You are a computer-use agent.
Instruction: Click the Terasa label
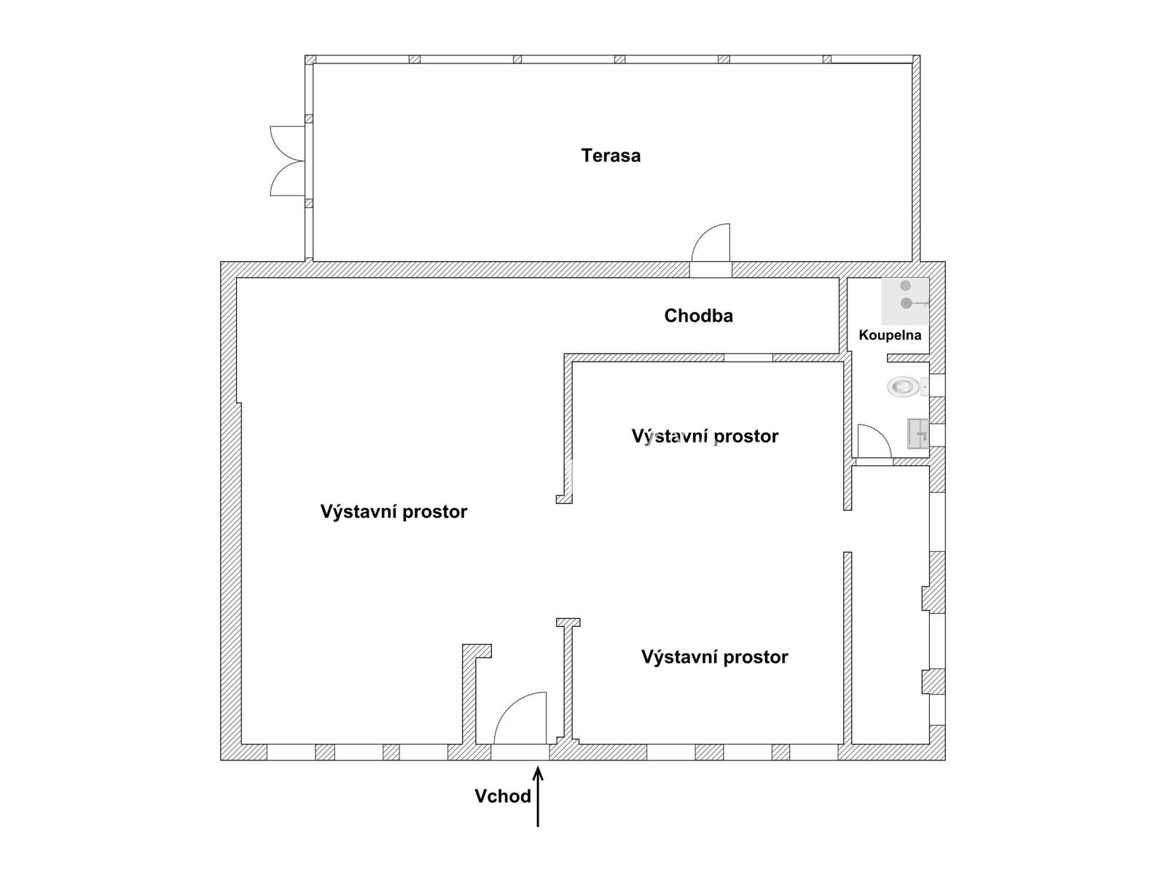[x=611, y=155]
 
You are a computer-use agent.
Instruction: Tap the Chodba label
[x=698, y=316]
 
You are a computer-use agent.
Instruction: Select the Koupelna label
[x=890, y=335]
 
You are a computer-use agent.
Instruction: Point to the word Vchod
[x=503, y=796]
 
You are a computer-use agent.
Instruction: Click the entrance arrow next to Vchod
[x=538, y=796]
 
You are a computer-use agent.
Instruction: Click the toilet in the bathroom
[x=907, y=386]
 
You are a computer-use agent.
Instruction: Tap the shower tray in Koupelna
[x=905, y=301]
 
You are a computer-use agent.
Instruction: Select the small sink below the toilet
[x=918, y=434]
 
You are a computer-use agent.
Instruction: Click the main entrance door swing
[x=520, y=717]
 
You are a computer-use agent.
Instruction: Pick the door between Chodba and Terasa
[x=711, y=243]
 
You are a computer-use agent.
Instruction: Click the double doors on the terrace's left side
[x=288, y=161]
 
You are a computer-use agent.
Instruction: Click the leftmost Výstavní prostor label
[x=394, y=512]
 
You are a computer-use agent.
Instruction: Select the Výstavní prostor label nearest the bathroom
[x=705, y=436]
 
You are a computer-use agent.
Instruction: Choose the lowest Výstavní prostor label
[x=714, y=657]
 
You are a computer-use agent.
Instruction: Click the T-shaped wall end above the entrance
[x=568, y=623]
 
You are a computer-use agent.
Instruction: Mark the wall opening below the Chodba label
[x=748, y=358]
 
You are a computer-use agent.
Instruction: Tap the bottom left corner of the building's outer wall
[x=221, y=760]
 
